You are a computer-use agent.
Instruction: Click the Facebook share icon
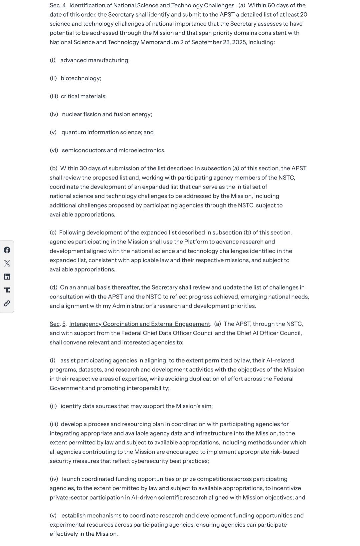(x=7, y=250)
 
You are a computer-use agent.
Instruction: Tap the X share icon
(x=7, y=264)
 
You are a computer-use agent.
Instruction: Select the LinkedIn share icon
(x=7, y=277)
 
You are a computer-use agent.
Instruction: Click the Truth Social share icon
(x=7, y=290)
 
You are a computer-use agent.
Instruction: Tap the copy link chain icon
(x=7, y=303)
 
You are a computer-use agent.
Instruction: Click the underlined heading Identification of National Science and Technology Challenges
(x=152, y=6)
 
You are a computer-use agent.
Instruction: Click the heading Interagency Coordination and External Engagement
(x=140, y=324)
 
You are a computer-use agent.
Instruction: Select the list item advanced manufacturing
(x=95, y=60)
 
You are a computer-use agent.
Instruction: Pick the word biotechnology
(x=80, y=78)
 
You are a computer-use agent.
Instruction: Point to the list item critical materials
(x=83, y=96)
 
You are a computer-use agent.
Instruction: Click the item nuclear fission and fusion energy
(x=107, y=114)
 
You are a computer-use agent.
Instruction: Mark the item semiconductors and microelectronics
(x=113, y=150)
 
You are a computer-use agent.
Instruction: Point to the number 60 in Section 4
(x=272, y=6)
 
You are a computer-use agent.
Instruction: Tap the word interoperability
(x=147, y=388)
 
